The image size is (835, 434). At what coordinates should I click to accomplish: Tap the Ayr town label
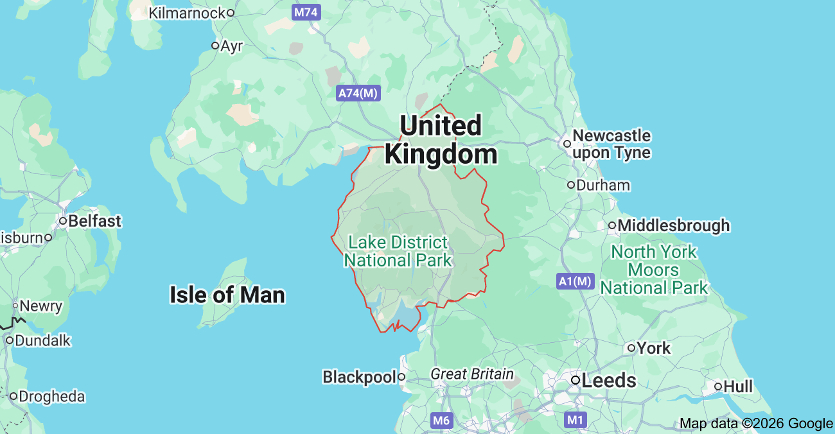(231, 46)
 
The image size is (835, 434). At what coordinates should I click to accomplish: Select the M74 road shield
(306, 12)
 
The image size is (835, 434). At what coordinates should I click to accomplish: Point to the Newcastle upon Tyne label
(611, 144)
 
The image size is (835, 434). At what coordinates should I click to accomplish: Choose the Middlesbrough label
(674, 226)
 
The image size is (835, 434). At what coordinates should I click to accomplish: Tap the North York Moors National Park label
(654, 270)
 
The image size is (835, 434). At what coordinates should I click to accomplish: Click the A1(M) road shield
(575, 281)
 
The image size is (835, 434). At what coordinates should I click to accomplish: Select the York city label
(654, 348)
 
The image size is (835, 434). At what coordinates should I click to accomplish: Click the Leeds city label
(608, 381)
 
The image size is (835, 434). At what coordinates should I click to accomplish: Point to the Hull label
(737, 386)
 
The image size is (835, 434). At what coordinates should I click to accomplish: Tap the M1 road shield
(576, 420)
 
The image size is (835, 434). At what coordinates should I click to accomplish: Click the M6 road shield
(441, 420)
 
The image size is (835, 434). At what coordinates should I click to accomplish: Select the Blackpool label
(359, 377)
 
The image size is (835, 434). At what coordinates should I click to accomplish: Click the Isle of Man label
(227, 295)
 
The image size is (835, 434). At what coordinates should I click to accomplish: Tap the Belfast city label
(94, 221)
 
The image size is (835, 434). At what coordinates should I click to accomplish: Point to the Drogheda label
(51, 396)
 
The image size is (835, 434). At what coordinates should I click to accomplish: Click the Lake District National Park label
(398, 251)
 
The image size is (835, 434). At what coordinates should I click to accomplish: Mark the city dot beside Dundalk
(9, 340)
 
